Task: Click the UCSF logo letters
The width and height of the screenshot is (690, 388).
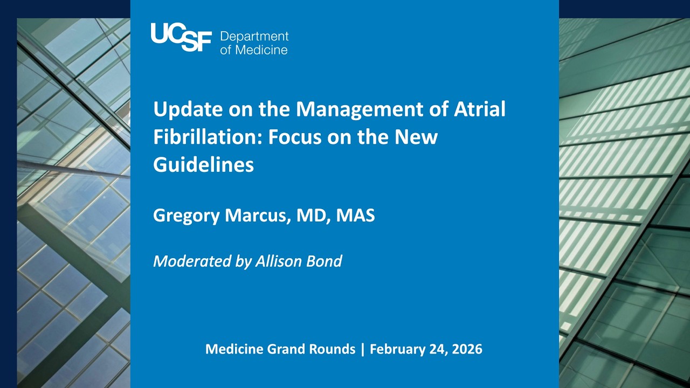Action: [181, 37]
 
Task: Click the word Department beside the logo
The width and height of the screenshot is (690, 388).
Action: [254, 37]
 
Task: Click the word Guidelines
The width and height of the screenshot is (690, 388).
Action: [203, 165]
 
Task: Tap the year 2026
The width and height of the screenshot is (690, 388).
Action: [466, 349]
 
